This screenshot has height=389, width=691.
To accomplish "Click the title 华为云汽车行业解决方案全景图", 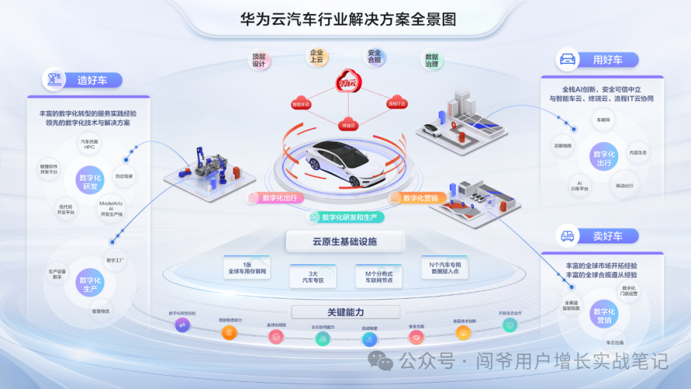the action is pyautogui.click(x=348, y=19).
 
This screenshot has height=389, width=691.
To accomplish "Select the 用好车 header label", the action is pyautogui.click(x=607, y=60).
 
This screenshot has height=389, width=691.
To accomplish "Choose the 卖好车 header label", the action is pyautogui.click(x=607, y=236).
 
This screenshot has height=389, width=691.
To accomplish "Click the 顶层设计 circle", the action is pyautogui.click(x=259, y=60).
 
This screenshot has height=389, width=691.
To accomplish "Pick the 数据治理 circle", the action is pyautogui.click(x=432, y=60).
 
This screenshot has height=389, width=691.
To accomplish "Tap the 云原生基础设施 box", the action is pyautogui.click(x=345, y=242).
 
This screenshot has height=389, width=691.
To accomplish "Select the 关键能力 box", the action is pyautogui.click(x=345, y=312).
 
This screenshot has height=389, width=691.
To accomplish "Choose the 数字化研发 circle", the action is pyautogui.click(x=90, y=182).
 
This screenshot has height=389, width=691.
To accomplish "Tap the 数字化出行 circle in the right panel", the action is pyautogui.click(x=603, y=159).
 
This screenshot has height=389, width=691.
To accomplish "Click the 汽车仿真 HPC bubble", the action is pyautogui.click(x=89, y=144).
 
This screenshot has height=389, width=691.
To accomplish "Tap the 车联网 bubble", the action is pyautogui.click(x=603, y=120).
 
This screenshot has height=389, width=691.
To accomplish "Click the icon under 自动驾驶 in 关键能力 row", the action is pyautogui.click(x=370, y=339).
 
